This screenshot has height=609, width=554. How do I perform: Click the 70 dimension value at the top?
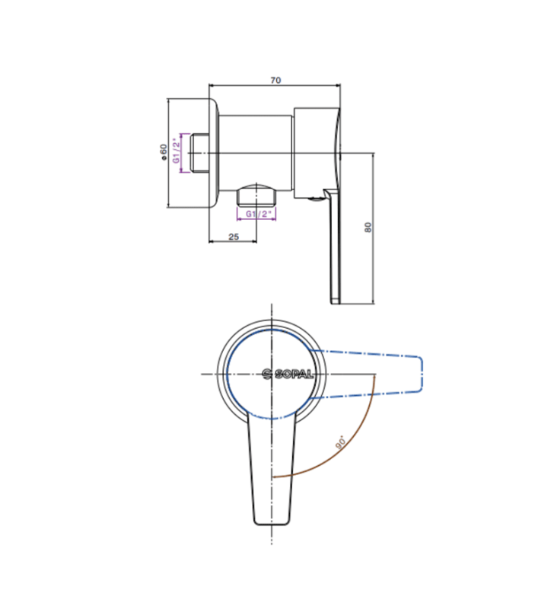tap(275, 79)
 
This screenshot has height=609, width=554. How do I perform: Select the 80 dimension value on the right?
tap(368, 227)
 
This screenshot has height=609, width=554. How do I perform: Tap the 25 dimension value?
tap(234, 237)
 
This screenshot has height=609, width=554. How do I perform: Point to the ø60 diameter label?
tap(162, 152)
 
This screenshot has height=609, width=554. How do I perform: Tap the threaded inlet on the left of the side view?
tap(199, 153)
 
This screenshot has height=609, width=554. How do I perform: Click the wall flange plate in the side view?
tap(214, 153)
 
